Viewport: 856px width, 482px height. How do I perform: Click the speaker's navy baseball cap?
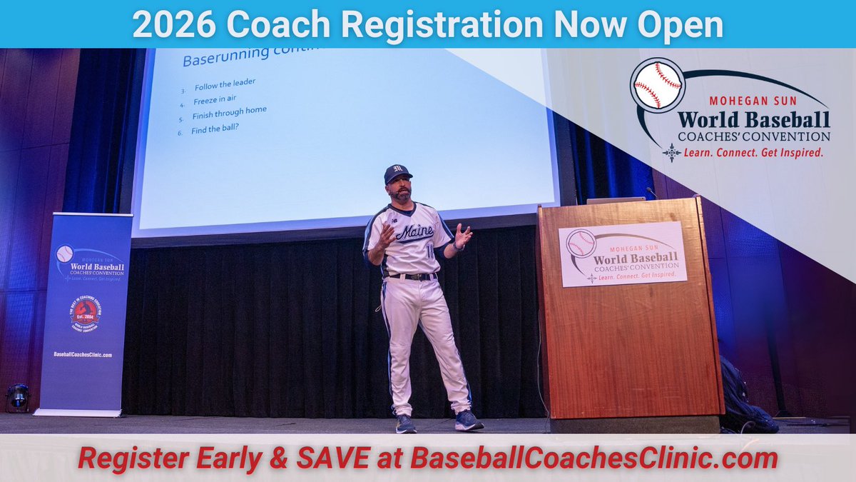point(397,174)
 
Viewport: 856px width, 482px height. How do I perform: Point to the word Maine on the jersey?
point(414,231)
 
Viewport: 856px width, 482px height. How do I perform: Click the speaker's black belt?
point(412,276)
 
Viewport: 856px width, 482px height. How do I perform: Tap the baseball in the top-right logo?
point(657,86)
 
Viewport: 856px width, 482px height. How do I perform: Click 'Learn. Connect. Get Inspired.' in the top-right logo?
point(753,151)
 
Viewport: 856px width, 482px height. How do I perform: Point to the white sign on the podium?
point(623,253)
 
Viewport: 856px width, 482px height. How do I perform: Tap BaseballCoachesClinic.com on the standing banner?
point(83,354)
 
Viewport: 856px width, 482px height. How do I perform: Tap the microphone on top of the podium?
point(650,192)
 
